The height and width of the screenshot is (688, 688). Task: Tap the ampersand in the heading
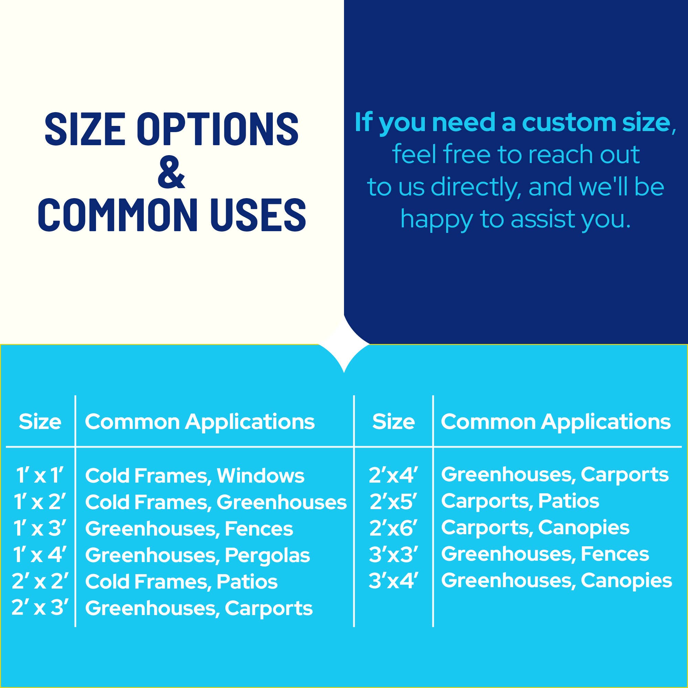171,172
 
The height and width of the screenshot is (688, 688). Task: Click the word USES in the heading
258,215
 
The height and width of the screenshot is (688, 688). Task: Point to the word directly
476,187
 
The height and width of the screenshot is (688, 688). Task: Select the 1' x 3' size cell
40,528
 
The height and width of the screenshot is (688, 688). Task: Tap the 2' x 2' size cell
39,581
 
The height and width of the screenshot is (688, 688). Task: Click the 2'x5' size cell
393,501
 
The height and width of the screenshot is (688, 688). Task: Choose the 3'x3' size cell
393,554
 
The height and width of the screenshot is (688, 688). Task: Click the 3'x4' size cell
393,580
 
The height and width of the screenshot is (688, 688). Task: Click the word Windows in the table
261,475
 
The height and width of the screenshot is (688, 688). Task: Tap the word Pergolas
267,556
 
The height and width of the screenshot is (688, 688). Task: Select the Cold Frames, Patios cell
181,581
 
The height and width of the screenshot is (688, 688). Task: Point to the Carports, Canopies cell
535,528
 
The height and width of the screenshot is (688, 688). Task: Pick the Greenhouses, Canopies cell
557,581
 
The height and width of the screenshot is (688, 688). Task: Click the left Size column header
40,422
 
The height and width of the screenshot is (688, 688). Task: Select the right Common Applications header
556,422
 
